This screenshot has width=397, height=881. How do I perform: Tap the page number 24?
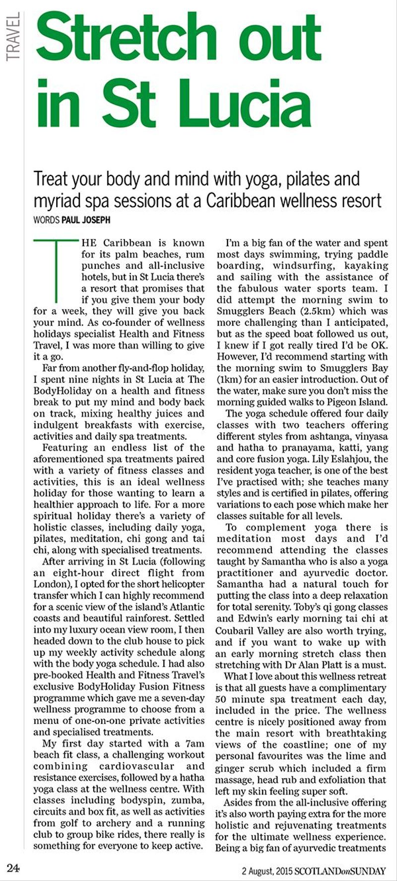13,868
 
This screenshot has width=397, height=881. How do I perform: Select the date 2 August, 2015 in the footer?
267,871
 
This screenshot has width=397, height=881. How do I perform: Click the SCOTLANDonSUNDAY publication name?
340,871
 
